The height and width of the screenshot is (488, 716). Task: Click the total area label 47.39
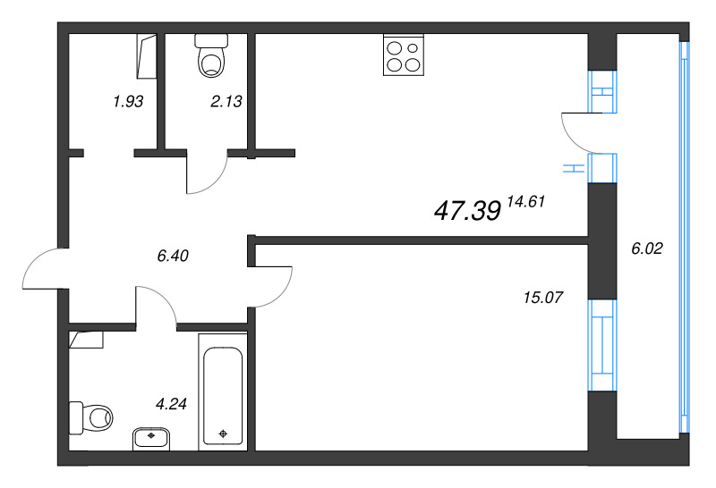tap(466, 210)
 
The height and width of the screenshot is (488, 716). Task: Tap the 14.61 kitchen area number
tap(525, 202)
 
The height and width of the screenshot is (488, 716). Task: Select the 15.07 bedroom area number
tap(542, 298)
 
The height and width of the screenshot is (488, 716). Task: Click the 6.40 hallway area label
tap(172, 256)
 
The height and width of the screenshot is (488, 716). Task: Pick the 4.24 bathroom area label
tap(171, 404)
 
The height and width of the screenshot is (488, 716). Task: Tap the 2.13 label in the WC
tap(226, 102)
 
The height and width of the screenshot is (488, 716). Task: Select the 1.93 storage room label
tap(128, 102)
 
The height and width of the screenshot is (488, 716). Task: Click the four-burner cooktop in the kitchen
tap(403, 55)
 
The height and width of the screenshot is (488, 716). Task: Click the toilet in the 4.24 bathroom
tap(92, 416)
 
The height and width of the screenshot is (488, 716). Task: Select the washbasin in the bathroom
tap(152, 438)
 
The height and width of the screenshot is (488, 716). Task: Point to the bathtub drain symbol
tap(223, 434)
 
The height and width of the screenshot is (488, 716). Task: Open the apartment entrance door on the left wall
tap(42, 270)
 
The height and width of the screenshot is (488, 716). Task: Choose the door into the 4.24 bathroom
tap(156, 304)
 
